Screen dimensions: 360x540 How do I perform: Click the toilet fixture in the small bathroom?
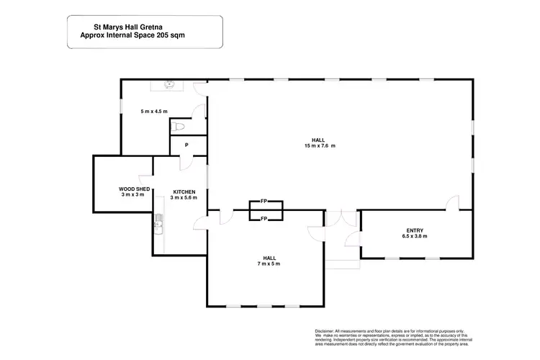[179, 127]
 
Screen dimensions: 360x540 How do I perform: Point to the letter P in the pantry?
[186, 145]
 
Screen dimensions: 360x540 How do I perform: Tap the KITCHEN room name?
[184, 192]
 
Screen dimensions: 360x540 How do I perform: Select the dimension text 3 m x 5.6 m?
[184, 197]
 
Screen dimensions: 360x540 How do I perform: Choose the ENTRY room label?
[415, 230]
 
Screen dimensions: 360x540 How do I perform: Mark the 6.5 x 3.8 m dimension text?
[415, 236]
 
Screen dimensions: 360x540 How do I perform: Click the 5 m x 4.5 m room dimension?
[153, 112]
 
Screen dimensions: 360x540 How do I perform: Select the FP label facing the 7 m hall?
[264, 218]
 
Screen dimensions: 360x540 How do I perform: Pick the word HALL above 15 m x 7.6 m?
[318, 140]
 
